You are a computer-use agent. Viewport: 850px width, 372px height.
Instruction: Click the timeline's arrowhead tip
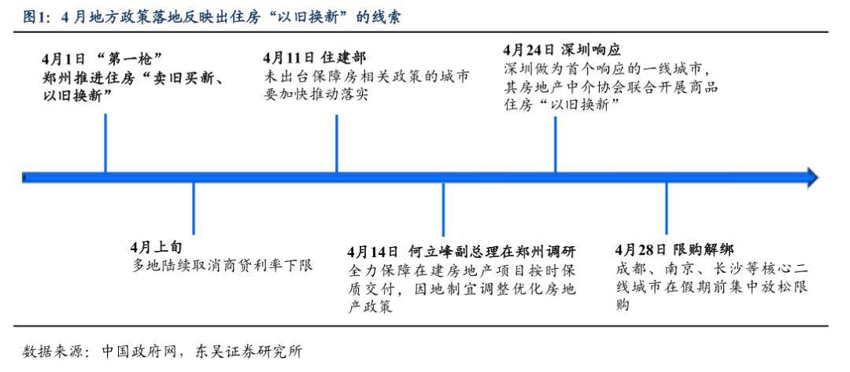click(x=819, y=177)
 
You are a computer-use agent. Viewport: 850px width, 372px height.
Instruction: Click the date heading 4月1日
click(x=63, y=59)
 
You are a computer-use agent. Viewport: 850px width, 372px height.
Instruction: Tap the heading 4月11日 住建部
click(x=314, y=58)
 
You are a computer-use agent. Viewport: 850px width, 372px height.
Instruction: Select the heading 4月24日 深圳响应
click(x=562, y=50)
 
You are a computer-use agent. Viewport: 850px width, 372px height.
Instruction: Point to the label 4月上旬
click(x=156, y=248)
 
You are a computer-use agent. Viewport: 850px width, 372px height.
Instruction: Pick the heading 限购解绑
click(x=704, y=249)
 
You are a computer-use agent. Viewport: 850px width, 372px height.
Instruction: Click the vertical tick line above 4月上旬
click(x=194, y=209)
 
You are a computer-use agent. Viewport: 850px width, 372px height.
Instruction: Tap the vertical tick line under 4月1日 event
click(x=105, y=143)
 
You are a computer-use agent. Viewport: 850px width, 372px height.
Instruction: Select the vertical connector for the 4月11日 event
click(x=337, y=143)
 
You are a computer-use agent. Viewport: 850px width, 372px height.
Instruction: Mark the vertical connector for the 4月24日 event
click(x=555, y=144)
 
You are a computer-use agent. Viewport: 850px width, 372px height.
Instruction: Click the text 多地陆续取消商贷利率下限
click(x=222, y=266)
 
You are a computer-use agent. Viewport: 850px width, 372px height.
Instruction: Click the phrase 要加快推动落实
click(x=316, y=94)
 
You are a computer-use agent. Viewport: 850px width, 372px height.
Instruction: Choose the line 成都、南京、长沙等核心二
click(x=711, y=268)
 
